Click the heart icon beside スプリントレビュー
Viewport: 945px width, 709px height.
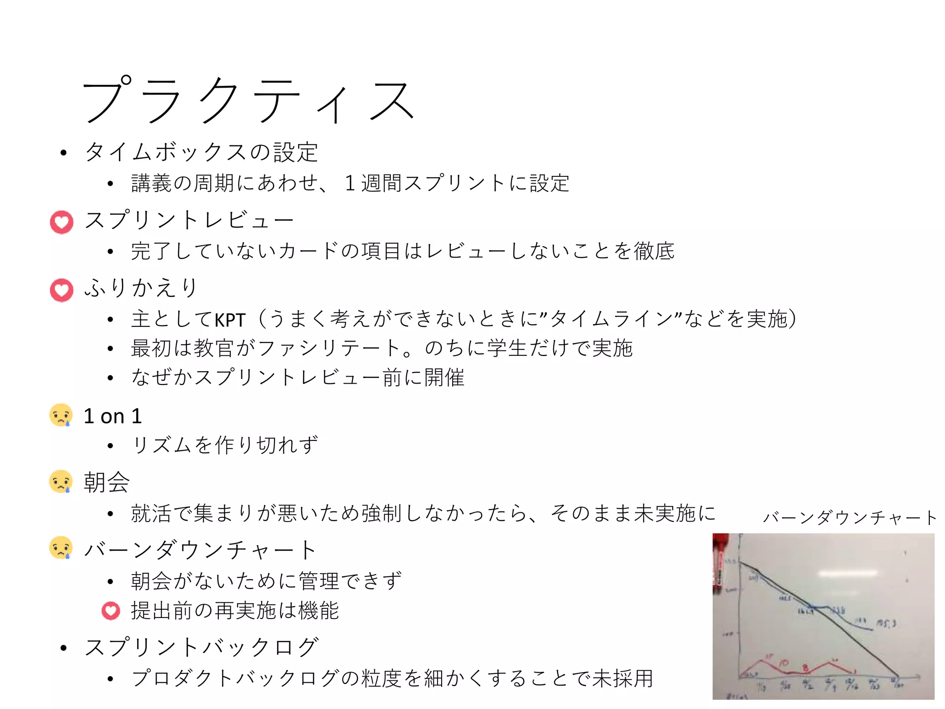[x=61, y=222]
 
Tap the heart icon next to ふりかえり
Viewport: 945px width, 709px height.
[x=61, y=290]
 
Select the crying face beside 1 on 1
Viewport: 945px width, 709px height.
[x=61, y=415]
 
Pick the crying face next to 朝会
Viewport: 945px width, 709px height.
[x=61, y=482]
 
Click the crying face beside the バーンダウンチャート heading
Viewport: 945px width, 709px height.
[x=61, y=548]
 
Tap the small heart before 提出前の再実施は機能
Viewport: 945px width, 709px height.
[x=111, y=611]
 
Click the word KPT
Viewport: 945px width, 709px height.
[x=230, y=320]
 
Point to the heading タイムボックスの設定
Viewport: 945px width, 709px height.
[x=202, y=152]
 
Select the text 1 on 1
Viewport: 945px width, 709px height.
[x=113, y=416]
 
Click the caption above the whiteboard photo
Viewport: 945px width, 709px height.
[x=849, y=518]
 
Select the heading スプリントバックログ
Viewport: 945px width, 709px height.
[x=202, y=647]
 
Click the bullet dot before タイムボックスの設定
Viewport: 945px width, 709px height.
[x=64, y=153]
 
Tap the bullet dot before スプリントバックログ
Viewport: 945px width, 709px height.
[x=64, y=648]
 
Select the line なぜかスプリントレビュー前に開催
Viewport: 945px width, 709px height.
[x=298, y=378]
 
